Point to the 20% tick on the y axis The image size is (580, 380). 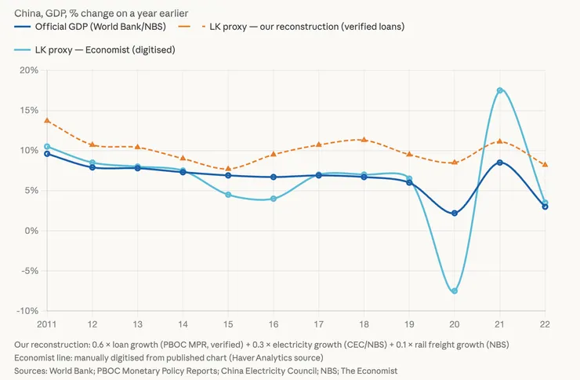pos(29,70)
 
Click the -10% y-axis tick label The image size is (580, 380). pos(27,311)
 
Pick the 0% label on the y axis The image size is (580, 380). pos(31,231)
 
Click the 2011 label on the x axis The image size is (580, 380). pos(48,323)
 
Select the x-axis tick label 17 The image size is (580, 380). pos(318,323)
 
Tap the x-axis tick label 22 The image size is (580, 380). pos(545,323)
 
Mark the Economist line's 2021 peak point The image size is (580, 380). pos(499,90)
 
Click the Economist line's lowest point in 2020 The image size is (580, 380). pos(455,291)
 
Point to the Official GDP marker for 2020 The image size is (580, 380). pos(455,213)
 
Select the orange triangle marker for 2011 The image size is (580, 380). pos(47,121)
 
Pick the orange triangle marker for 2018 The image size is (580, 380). pos(364,140)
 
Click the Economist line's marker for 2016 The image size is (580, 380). pos(274,199)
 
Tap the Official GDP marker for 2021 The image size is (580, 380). pos(499,163)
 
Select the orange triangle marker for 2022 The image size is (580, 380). pos(545,165)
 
